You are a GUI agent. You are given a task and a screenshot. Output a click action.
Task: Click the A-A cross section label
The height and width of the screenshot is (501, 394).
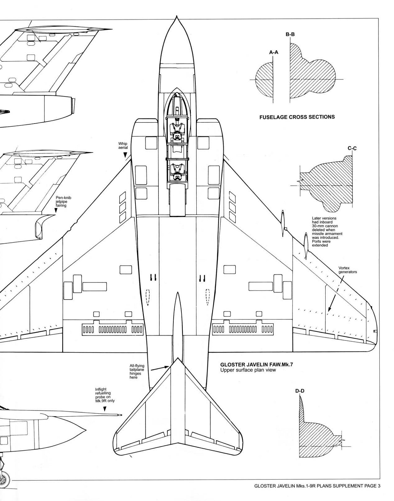(x=273, y=52)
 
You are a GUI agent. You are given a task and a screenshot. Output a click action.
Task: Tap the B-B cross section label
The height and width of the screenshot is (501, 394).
(x=290, y=34)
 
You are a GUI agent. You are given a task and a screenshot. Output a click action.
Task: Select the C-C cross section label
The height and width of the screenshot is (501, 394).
(x=352, y=149)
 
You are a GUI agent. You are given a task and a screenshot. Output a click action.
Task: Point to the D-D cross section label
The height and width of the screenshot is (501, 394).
(x=300, y=391)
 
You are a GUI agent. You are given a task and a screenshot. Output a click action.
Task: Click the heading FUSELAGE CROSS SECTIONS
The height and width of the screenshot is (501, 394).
(x=297, y=117)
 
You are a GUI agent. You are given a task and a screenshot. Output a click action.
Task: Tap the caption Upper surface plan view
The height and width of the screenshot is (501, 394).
(x=248, y=370)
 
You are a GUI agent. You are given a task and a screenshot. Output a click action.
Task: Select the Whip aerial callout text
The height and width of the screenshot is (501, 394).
(x=123, y=145)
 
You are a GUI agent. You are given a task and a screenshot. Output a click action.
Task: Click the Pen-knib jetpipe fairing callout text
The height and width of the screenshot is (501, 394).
(x=62, y=201)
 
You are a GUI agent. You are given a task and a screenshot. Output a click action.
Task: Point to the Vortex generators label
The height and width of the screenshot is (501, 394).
(x=347, y=270)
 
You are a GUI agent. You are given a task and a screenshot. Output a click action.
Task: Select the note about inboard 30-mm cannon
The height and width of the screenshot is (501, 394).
(x=327, y=232)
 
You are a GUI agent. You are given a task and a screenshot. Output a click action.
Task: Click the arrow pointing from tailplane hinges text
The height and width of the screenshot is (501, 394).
(x=160, y=368)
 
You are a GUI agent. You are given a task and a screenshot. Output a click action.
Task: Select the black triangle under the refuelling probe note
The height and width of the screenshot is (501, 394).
(x=105, y=410)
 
